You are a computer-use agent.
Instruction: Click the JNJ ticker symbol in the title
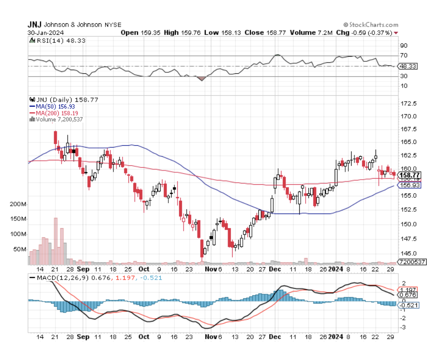pos(35,25)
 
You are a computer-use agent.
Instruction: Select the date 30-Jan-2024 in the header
pos(43,33)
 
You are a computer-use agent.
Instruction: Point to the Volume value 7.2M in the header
pos(325,33)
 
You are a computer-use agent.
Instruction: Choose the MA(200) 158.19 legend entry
pos(55,113)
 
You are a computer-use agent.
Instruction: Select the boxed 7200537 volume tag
pos(411,262)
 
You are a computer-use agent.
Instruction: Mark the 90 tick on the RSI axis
pos(403,46)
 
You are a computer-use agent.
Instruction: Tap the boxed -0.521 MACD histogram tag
pos(409,305)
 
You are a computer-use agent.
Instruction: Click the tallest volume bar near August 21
pos(55,241)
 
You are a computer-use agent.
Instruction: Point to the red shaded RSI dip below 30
pos(201,78)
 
